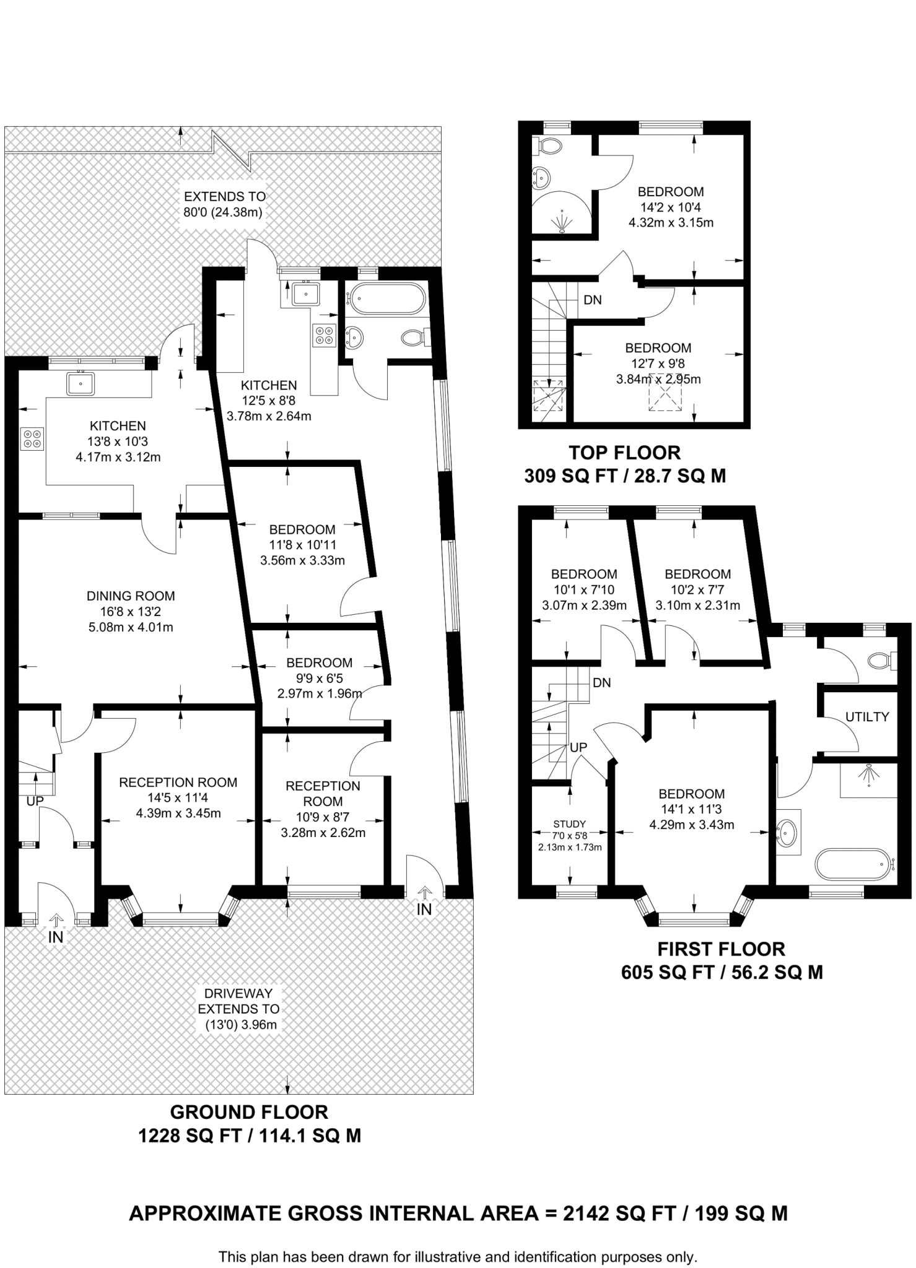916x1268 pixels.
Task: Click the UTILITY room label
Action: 866,716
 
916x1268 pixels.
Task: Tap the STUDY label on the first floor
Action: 569,824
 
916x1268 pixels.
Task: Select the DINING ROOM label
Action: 131,596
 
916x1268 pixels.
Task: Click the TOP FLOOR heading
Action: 624,453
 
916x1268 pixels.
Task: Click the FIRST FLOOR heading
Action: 721,949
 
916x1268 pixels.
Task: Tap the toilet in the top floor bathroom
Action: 549,145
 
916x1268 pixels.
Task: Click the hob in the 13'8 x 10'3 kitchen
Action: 32,438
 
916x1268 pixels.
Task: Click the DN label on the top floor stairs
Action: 593,300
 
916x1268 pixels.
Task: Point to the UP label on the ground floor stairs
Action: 35,801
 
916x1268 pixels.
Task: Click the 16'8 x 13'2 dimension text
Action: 131,612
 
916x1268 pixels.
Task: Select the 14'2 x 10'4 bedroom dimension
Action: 671,207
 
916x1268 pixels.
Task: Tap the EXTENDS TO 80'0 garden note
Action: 224,204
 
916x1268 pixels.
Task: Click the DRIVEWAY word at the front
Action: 238,994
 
